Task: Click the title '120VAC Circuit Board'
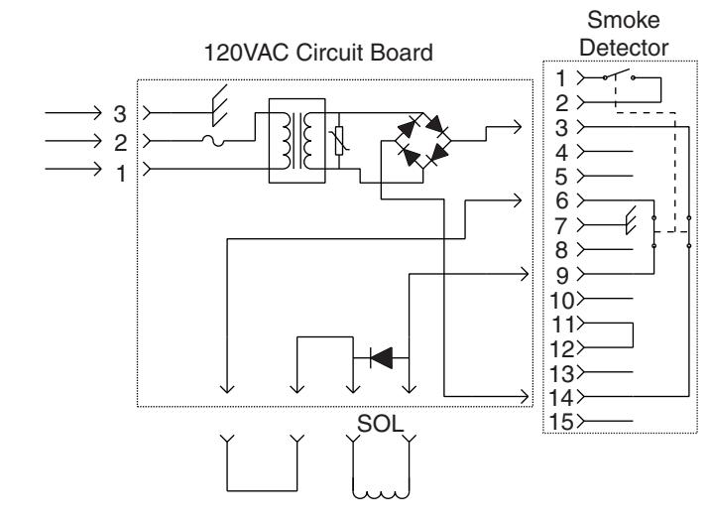point(318,52)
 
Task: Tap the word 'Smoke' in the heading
point(623,20)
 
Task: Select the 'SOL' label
point(380,424)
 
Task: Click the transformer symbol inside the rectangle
point(297,141)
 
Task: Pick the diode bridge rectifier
point(422,140)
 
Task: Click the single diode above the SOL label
point(381,357)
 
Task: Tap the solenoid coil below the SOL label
point(381,493)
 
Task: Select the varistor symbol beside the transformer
point(339,141)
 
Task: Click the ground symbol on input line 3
point(219,105)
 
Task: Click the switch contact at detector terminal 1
point(619,74)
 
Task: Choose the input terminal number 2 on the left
point(120,143)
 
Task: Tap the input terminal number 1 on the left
point(121,174)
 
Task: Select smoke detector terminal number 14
point(561,398)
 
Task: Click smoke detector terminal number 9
point(561,276)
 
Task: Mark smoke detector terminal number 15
point(561,422)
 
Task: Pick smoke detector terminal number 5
point(561,177)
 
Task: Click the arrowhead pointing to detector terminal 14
point(525,396)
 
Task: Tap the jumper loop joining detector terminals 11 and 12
point(633,335)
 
